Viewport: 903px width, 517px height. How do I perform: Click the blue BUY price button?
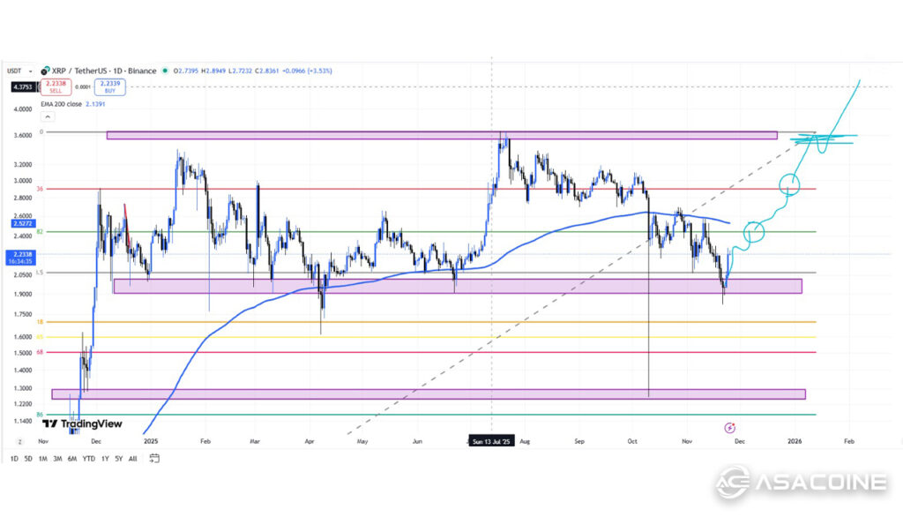pyautogui.click(x=110, y=86)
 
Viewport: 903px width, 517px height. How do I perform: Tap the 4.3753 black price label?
pyautogui.click(x=23, y=86)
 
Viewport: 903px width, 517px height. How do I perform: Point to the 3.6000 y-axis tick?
pyautogui.click(x=21, y=135)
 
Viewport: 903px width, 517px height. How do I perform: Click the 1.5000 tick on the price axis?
pyautogui.click(x=21, y=353)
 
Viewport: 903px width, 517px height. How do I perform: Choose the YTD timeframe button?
pyautogui.click(x=88, y=459)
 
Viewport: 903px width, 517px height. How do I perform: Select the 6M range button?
pyautogui.click(x=71, y=459)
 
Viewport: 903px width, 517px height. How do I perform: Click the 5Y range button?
pyautogui.click(x=118, y=459)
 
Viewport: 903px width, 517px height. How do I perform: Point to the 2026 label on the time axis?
pyautogui.click(x=795, y=439)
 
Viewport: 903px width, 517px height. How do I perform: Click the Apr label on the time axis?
pyautogui.click(x=309, y=439)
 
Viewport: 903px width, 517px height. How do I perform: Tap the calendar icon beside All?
pyautogui.click(x=154, y=459)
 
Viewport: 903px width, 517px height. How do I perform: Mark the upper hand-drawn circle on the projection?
pyautogui.click(x=790, y=185)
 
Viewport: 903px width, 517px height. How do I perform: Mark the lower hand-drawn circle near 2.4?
pyautogui.click(x=754, y=233)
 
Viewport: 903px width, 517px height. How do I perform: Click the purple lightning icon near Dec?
pyautogui.click(x=729, y=428)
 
